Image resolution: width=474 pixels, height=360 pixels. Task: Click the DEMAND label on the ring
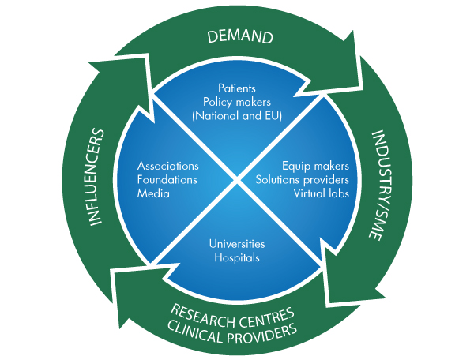point(239,36)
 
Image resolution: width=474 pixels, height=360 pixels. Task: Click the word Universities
point(237,244)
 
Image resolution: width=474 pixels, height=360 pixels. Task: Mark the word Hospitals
point(237,257)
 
